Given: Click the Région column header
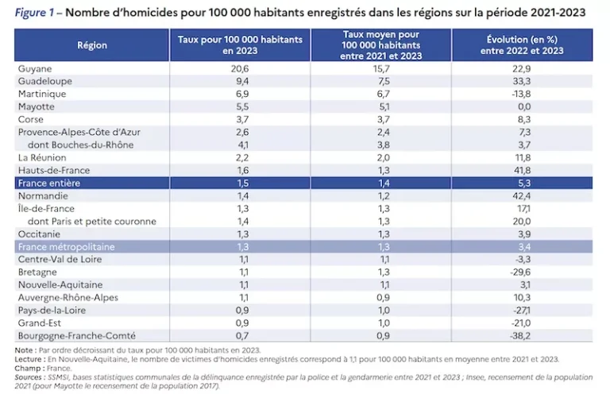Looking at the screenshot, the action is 92,45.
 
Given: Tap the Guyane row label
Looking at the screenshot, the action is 35,68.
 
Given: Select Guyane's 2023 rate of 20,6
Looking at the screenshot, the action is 240,68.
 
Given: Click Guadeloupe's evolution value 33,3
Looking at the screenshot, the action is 522,81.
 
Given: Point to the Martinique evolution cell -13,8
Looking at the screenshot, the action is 520,95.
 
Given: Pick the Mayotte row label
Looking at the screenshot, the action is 37,106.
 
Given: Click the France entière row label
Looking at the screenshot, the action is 49,183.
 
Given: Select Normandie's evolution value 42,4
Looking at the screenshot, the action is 522,195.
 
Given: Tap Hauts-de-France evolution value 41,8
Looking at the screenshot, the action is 522,171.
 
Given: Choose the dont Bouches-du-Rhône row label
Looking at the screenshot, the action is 80,145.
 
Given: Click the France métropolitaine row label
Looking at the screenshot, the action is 67,247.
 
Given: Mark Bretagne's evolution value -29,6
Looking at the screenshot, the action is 520,272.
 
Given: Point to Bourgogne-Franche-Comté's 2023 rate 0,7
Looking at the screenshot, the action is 242,335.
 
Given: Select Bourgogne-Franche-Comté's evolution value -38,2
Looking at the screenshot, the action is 520,335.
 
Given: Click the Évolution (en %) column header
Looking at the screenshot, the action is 522,45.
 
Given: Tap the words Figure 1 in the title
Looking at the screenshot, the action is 34,13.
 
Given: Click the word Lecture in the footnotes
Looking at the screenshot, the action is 28,359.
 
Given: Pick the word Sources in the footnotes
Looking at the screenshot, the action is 28,377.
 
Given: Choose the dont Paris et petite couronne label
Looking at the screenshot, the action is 92,222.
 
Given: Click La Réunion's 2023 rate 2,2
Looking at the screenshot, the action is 242,157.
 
